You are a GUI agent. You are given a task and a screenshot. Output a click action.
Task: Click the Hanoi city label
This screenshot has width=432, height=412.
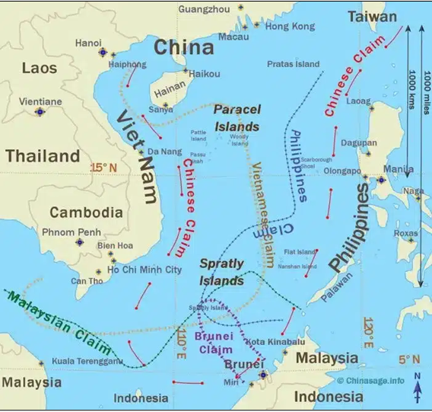coord(88,43)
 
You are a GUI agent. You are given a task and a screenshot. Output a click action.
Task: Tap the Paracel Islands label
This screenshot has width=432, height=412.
coord(237,118)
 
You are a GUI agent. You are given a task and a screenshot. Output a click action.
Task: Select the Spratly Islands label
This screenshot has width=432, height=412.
coord(221,271)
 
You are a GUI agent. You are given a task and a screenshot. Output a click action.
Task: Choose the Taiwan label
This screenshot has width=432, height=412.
coord(372,16)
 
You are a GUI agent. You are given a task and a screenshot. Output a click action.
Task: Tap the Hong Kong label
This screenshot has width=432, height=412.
coord(290,26)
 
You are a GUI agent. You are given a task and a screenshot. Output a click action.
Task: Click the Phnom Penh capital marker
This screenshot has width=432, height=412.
coord(80,242)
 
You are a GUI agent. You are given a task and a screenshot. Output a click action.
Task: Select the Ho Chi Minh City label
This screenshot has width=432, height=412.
coord(145,270)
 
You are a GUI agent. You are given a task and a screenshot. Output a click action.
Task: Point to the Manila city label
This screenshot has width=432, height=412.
coord(399,168)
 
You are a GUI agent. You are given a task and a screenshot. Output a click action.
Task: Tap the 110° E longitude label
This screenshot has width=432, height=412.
coord(181,343)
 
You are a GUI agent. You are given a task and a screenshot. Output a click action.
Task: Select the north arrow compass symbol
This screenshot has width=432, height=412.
coord(417,386)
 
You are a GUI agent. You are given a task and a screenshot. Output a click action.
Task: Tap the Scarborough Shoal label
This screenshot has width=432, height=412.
coord(317,162)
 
